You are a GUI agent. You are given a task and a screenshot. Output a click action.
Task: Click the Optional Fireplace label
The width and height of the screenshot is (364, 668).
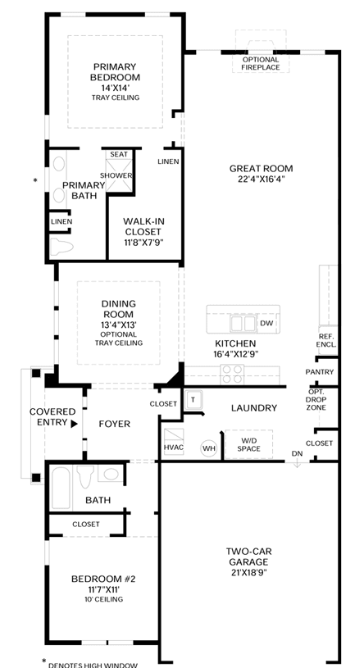(261, 63)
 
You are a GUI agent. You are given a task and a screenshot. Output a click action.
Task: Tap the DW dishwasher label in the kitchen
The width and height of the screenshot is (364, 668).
(266, 324)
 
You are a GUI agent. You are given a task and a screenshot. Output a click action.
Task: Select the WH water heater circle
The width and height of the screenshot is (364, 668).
(209, 448)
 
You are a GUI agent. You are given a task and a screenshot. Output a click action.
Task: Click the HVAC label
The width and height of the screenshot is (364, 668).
(174, 448)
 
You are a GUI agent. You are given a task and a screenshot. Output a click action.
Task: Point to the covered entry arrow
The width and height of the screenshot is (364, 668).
(74, 424)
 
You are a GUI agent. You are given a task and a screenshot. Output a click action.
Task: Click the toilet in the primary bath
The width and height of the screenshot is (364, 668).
(61, 247)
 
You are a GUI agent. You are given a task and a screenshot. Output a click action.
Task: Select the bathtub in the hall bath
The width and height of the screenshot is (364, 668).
(61, 487)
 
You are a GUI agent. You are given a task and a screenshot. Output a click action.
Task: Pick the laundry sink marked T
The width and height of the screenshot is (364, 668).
(193, 400)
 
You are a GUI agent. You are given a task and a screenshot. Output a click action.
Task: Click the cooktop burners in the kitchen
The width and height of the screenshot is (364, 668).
(231, 375)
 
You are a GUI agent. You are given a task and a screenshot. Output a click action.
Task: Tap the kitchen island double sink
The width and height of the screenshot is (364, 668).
(243, 324)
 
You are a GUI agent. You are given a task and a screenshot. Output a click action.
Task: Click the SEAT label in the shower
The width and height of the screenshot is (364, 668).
(119, 154)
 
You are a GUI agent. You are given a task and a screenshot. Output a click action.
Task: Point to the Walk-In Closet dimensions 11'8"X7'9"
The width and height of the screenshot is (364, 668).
(143, 243)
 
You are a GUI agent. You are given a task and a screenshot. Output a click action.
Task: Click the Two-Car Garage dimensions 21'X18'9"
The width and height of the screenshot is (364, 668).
(249, 573)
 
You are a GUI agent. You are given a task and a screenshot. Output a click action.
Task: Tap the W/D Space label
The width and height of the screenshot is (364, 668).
(249, 444)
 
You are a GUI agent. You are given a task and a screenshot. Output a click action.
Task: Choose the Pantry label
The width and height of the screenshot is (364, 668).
(320, 372)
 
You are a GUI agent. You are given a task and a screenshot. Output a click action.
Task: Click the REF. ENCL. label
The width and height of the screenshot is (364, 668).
(329, 340)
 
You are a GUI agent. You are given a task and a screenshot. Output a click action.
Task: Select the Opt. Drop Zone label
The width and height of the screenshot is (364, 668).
(316, 400)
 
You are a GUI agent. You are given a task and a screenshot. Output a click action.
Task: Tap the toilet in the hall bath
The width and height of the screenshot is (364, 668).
(85, 476)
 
